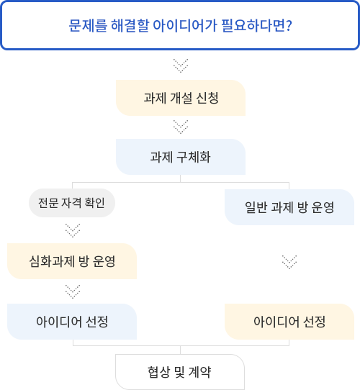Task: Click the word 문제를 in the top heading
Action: point(88,25)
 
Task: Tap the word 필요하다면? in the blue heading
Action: point(256,25)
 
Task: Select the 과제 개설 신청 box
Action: point(181,98)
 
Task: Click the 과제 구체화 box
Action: point(181,157)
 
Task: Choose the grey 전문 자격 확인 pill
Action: point(72,203)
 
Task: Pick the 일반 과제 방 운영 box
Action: point(289,207)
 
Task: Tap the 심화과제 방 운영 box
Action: point(72,261)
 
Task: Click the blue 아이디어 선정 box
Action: point(72,322)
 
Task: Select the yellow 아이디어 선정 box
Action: point(289,322)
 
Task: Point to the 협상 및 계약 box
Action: point(180,372)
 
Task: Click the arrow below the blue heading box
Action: point(181,65)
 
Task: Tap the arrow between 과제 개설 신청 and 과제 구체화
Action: point(181,127)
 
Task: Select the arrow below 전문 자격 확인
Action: point(73,230)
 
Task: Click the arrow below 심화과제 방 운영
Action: point(73,291)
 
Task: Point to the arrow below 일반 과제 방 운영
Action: point(289,262)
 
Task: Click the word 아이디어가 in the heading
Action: point(185,25)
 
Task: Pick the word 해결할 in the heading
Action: point(130,25)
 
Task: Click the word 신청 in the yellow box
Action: point(207,98)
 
